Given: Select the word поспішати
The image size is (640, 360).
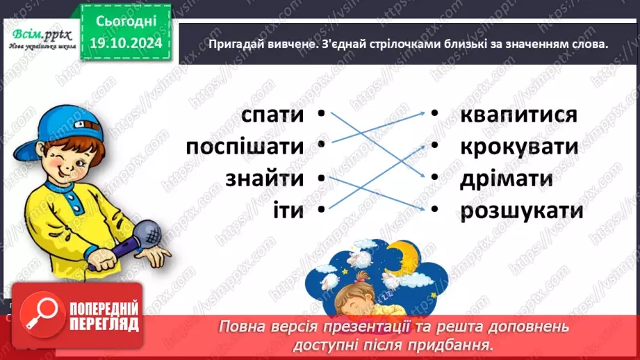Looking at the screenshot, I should (x=245, y=147).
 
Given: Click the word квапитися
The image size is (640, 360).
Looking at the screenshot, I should (x=518, y=115).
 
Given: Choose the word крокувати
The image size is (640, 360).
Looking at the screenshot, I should (x=519, y=147).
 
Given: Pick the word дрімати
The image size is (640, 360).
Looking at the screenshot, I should (x=506, y=179).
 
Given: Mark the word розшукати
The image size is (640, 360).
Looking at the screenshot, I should (x=521, y=211).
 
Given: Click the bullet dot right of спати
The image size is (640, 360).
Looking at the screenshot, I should (x=321, y=113).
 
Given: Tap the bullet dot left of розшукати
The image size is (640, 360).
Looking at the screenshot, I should (x=433, y=208).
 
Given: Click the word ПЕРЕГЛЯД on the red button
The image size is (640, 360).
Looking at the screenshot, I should (x=105, y=324).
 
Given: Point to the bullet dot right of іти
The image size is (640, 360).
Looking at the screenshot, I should (x=321, y=208).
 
